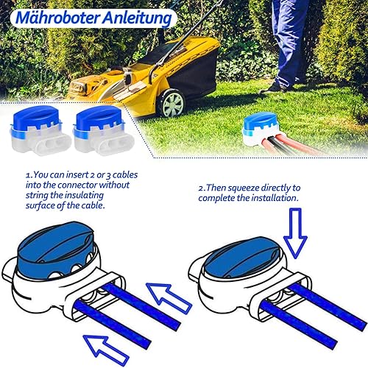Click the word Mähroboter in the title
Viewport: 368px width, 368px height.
point(58,18)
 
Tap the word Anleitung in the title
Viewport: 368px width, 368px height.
point(137,18)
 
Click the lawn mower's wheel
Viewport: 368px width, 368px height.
point(173,103)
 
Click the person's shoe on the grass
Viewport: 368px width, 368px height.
point(273,88)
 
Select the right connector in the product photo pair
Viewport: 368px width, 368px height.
point(104,130)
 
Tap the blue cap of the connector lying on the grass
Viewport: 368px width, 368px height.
point(260,121)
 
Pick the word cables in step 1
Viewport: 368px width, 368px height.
point(125,174)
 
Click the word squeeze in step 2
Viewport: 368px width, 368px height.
point(244,188)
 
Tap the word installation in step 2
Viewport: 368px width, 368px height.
point(275,198)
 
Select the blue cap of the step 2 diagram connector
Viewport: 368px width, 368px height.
point(242,257)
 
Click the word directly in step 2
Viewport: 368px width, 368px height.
point(275,188)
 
